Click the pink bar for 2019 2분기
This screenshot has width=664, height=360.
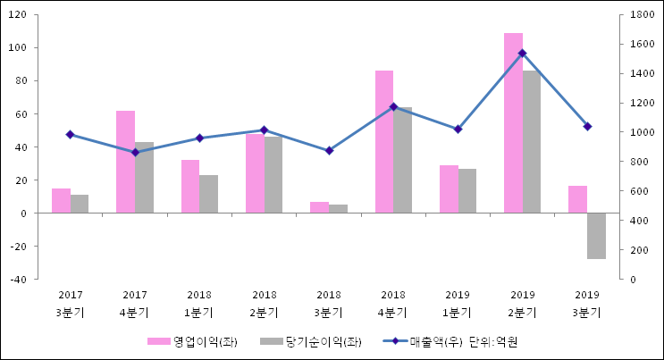(x=513, y=123)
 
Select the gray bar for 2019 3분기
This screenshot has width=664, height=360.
(x=596, y=236)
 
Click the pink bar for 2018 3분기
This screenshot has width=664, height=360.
(x=319, y=207)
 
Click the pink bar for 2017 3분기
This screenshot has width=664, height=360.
(x=61, y=201)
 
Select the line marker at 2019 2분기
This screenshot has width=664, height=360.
(x=523, y=54)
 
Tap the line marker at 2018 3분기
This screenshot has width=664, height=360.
(x=329, y=151)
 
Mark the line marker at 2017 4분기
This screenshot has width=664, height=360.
(x=135, y=152)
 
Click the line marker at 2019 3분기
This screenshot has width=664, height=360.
(x=587, y=127)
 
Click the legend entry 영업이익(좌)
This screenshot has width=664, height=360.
(x=192, y=341)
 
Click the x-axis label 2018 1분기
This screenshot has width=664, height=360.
(x=199, y=304)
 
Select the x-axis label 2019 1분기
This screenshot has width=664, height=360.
(x=458, y=304)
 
